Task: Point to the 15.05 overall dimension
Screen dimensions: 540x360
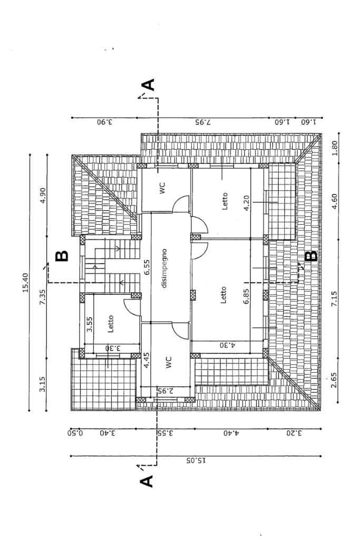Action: click(x=196, y=460)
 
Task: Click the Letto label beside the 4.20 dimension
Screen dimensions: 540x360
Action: click(x=225, y=201)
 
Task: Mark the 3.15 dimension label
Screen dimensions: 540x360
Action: click(x=43, y=384)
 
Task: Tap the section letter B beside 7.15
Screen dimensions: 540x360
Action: click(x=312, y=256)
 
